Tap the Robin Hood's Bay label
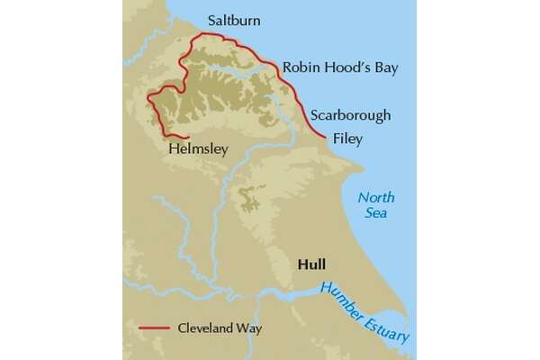coord(339,67)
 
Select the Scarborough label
coord(350,116)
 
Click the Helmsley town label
coord(198,149)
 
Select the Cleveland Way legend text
coord(220,328)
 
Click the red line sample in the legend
coord(157,328)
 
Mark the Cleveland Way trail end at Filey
coord(326,137)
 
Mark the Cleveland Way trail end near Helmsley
coord(187,138)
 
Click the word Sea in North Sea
coord(376,213)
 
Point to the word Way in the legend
coord(249,328)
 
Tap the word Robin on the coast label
coord(299,67)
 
